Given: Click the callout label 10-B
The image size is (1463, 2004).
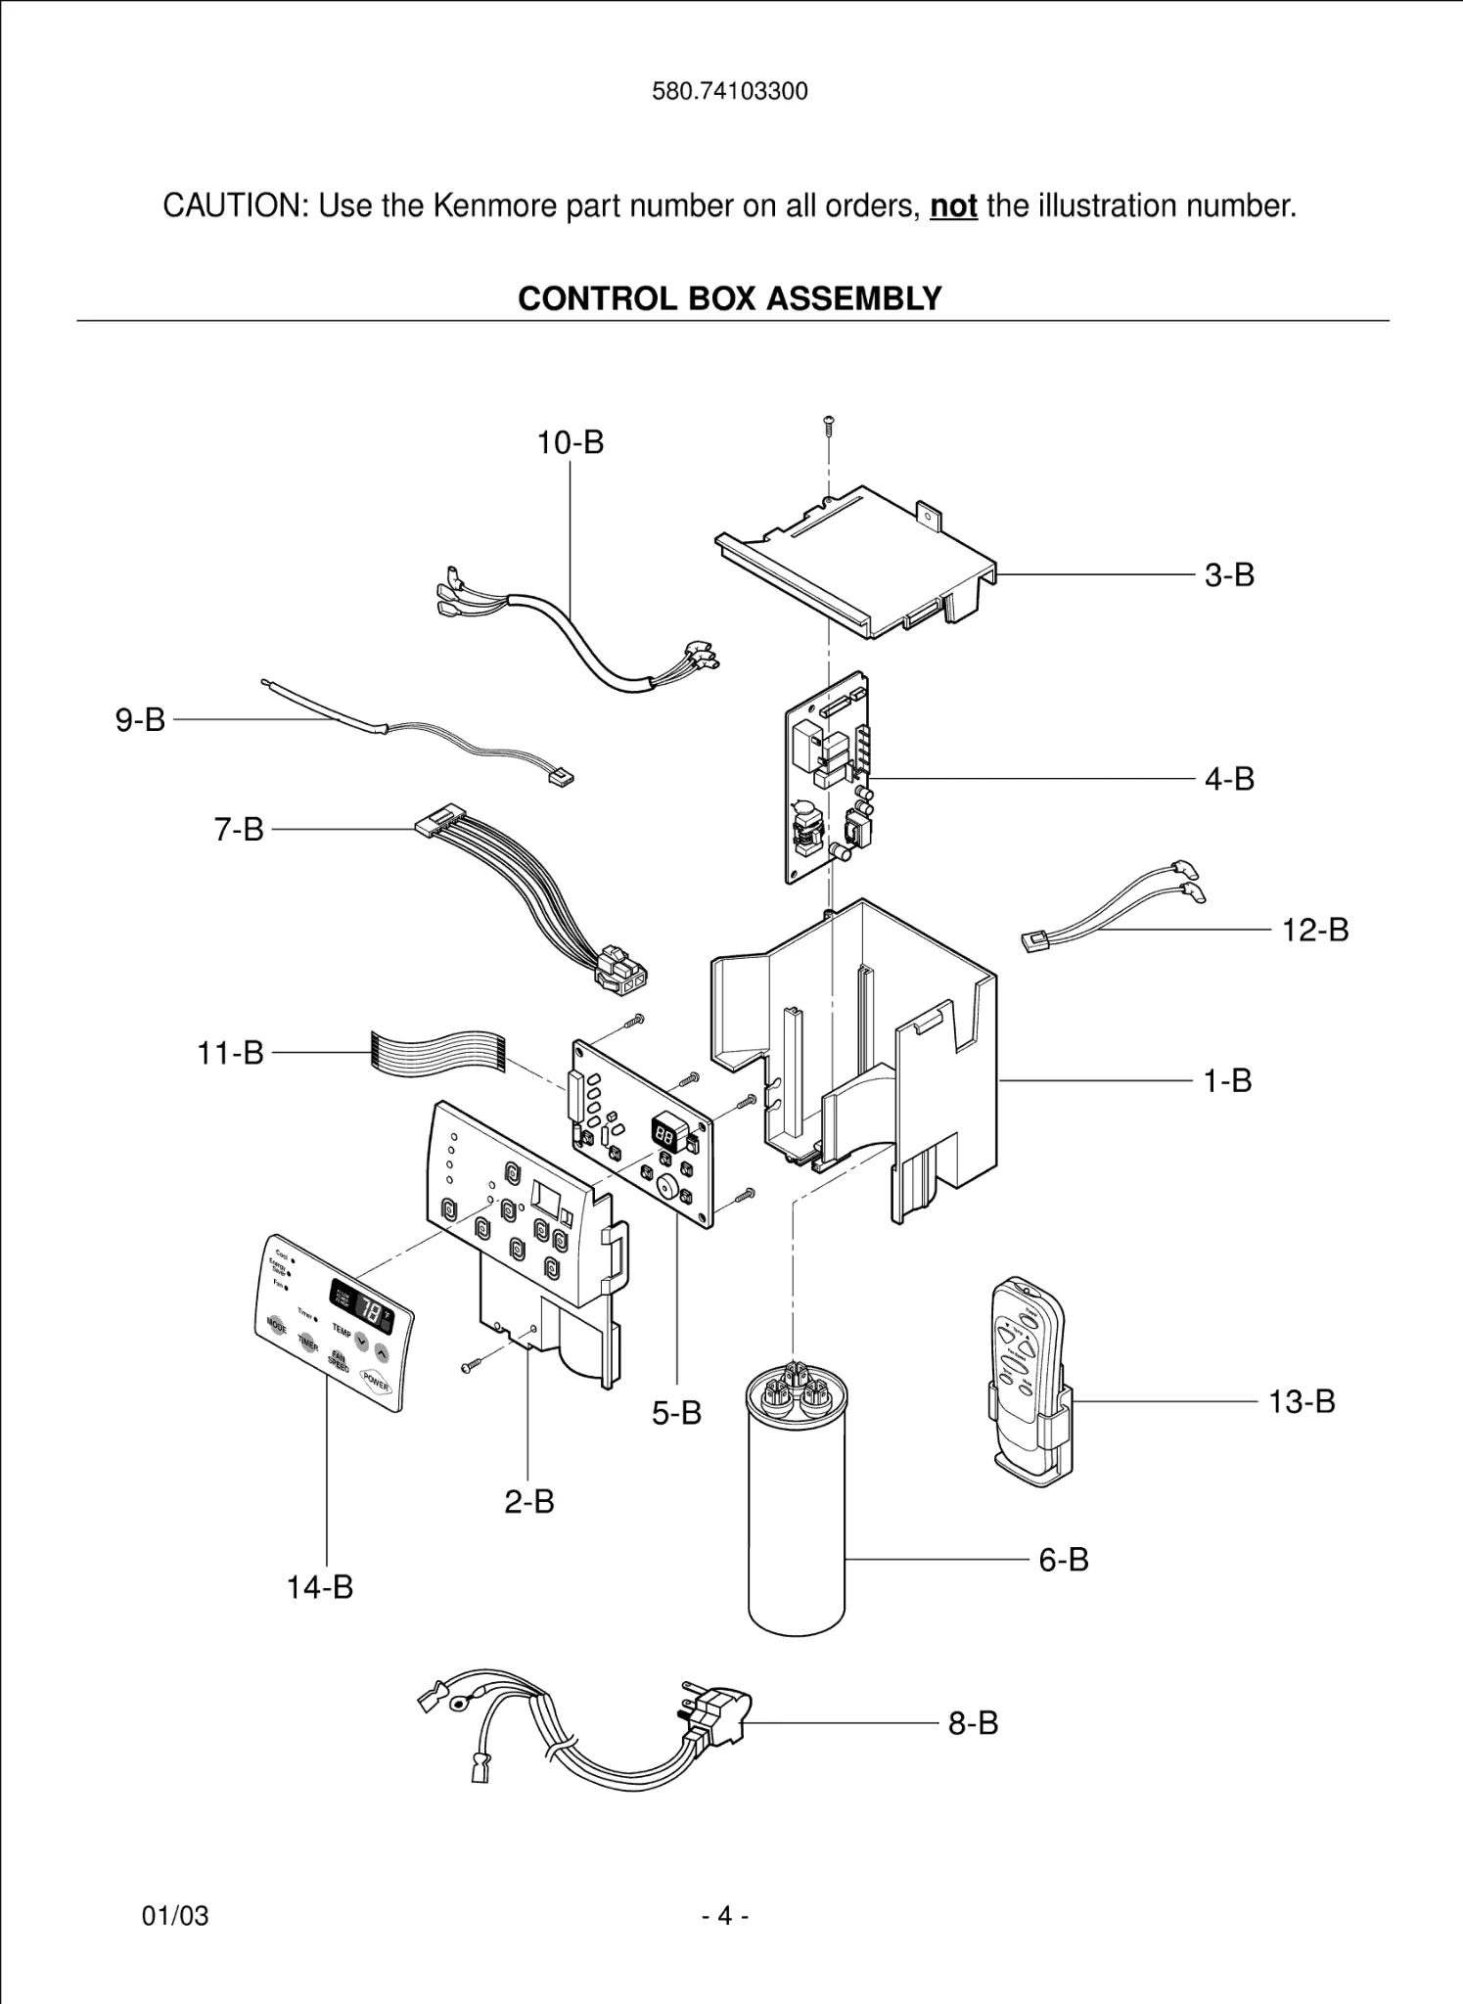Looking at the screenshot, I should (x=571, y=442).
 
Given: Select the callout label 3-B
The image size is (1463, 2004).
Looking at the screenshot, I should (x=1229, y=574).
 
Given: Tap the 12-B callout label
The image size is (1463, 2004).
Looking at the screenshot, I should (x=1315, y=930).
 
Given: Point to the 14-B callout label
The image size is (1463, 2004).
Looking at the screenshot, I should (x=320, y=1587).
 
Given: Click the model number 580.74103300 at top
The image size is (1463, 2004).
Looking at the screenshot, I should (x=730, y=92).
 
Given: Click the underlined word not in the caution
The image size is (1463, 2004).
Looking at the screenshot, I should (x=953, y=206).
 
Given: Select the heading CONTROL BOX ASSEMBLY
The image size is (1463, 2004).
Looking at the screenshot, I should (x=730, y=298).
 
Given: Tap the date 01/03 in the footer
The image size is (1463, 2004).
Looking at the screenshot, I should (x=176, y=1916).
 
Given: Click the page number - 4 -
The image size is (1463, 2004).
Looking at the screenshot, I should (x=725, y=1916).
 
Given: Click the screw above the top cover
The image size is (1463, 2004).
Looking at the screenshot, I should (x=829, y=425).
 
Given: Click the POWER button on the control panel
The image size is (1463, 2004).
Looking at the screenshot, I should (x=375, y=1382).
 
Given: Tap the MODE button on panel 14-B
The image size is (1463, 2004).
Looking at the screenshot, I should (x=277, y=1326).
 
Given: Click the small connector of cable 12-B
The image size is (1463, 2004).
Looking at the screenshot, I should (x=1034, y=942).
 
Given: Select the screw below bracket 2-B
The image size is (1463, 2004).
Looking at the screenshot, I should (x=471, y=1366).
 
